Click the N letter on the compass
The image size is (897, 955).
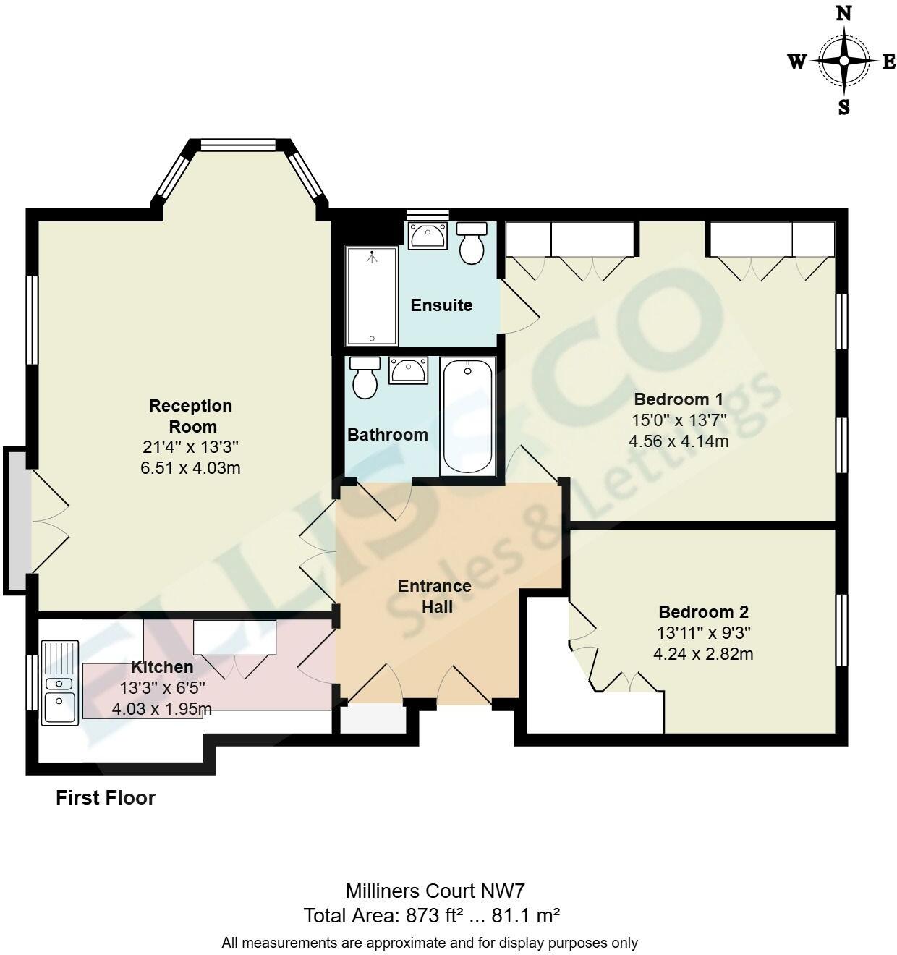pos(843,13)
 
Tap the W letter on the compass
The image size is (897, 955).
pos(796,62)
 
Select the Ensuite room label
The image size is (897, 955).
pos(441,305)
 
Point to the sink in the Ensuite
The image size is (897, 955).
pos(428,235)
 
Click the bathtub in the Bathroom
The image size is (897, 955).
pos(467,417)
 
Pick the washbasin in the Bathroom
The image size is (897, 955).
pos(408,370)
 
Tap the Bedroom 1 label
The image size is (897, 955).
pos(678,399)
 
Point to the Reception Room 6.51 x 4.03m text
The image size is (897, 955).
pos(190,468)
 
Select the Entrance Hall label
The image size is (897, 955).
pos(434,595)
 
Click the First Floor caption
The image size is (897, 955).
pos(106,797)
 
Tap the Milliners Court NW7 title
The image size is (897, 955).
pos(430,890)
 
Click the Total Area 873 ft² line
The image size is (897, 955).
pos(432,916)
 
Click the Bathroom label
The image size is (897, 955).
pos(388,435)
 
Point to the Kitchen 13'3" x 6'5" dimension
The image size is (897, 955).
pos(162,688)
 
